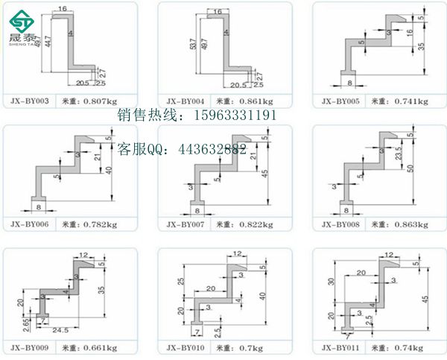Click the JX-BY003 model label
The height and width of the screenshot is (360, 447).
click(31, 100)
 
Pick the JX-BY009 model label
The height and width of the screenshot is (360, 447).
click(31, 347)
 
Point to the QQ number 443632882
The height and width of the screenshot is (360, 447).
click(212, 149)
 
